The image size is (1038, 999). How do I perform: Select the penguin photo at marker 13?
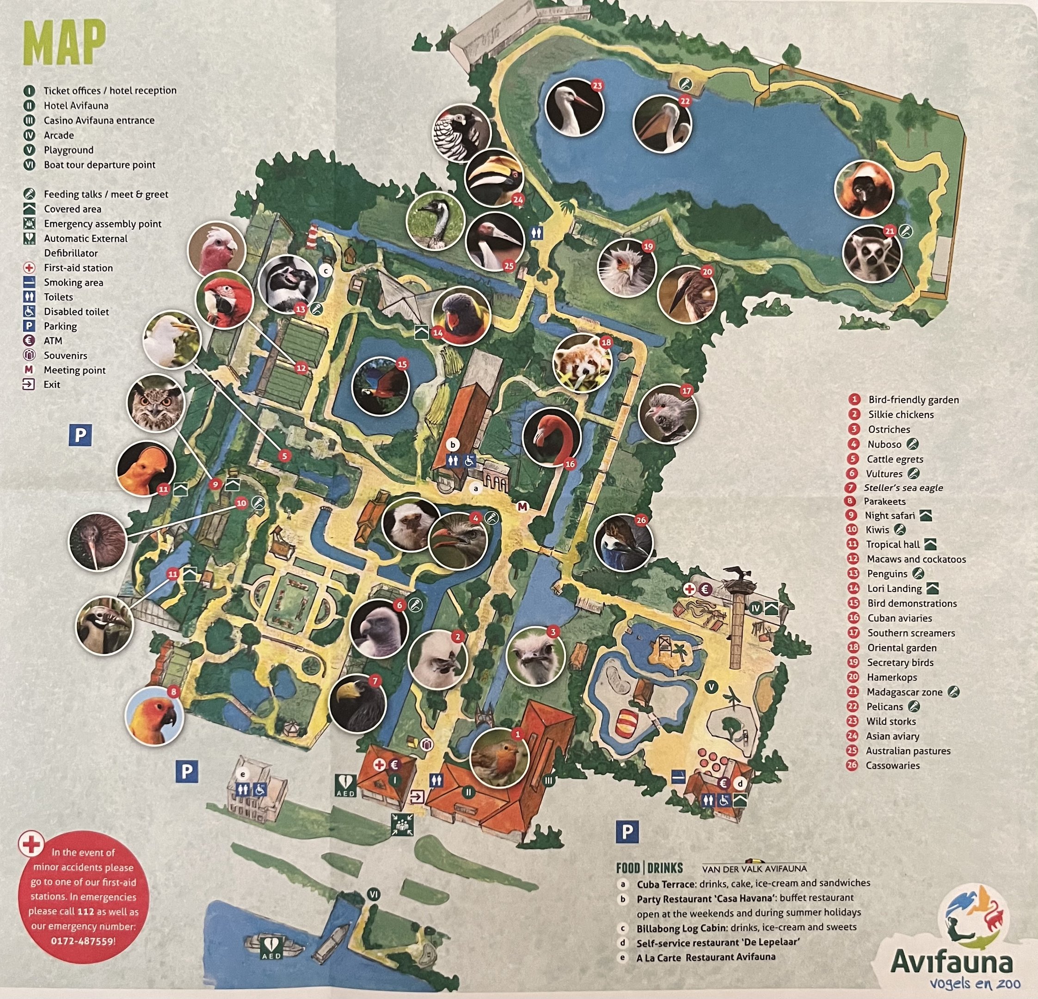[x=288, y=284]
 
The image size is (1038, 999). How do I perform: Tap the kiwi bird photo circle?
[x=98, y=541]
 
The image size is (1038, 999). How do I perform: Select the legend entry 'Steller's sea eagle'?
[x=903, y=488]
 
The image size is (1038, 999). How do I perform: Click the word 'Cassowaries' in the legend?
[x=892, y=765]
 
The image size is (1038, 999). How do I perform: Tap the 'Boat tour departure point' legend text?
[x=99, y=165]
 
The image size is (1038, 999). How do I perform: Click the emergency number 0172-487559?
[x=83, y=941]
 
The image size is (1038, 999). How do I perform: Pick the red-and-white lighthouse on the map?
[x=314, y=232]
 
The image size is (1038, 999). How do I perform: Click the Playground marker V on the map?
[x=712, y=687]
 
